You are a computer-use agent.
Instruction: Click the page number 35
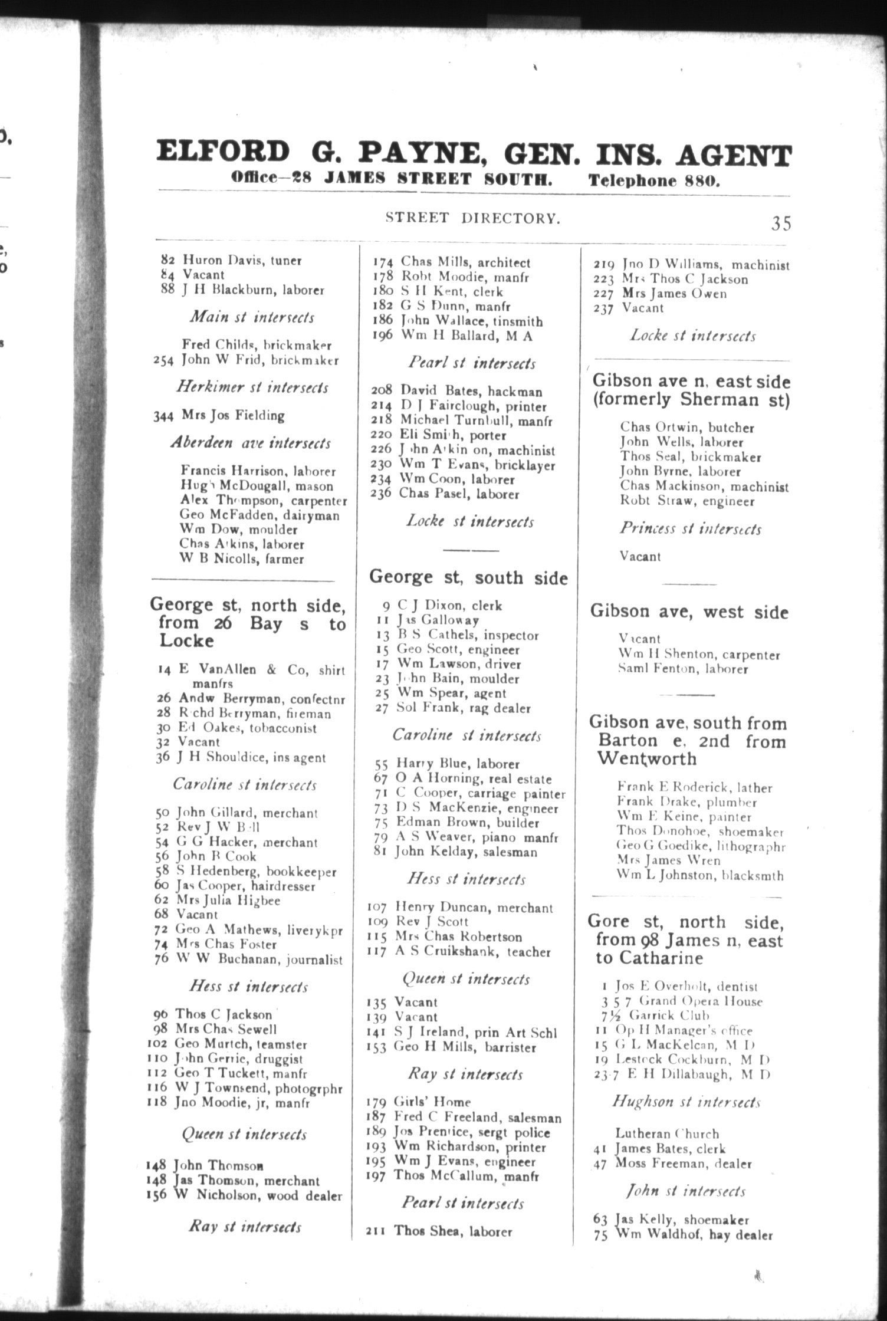pyautogui.click(x=780, y=224)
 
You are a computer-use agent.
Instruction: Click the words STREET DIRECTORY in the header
pyautogui.click(x=472, y=218)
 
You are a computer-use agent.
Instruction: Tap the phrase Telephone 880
pyautogui.click(x=654, y=180)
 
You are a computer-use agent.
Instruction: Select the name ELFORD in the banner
pyautogui.click(x=223, y=152)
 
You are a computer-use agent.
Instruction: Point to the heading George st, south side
pyautogui.click(x=468, y=577)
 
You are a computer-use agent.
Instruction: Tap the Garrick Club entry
pyautogui.click(x=669, y=1016)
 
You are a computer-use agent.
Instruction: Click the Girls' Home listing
pyautogui.click(x=433, y=1102)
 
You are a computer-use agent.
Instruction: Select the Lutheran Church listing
pyautogui.click(x=667, y=1133)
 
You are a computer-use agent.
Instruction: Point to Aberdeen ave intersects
pyautogui.click(x=251, y=443)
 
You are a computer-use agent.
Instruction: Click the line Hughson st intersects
pyautogui.click(x=686, y=1102)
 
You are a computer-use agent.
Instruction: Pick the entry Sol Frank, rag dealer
pyautogui.click(x=463, y=708)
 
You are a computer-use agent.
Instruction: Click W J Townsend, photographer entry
pyautogui.click(x=258, y=1089)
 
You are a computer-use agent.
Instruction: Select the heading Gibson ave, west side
pyautogui.click(x=689, y=612)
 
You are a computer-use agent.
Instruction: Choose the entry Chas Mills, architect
pyautogui.click(x=465, y=262)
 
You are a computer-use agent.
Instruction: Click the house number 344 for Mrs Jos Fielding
pyautogui.click(x=163, y=416)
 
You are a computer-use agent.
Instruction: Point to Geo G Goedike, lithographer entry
pyautogui.click(x=700, y=846)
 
